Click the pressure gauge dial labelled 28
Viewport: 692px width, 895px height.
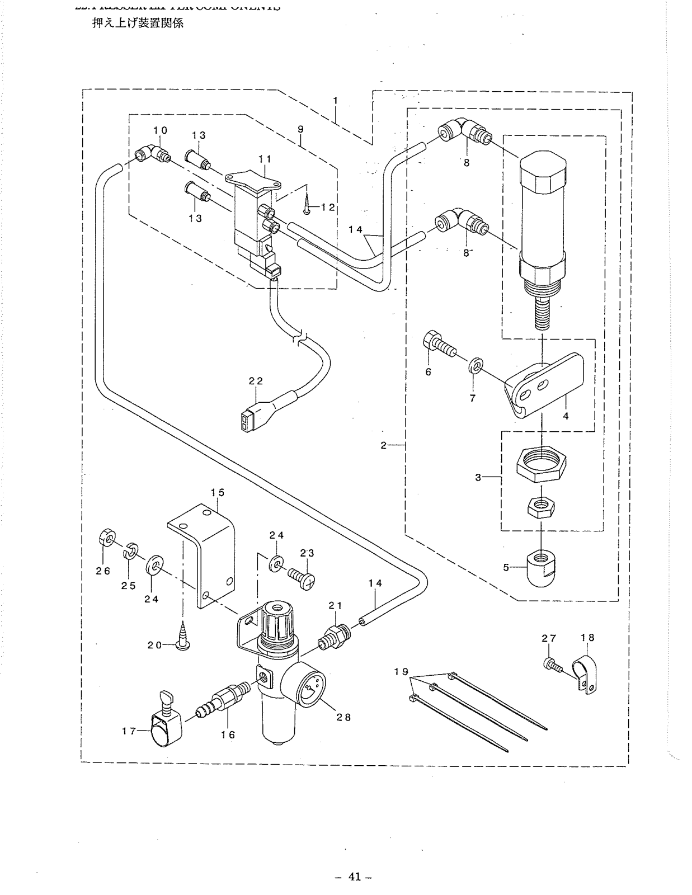309,689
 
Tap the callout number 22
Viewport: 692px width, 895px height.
256,381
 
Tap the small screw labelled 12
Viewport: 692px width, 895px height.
307,208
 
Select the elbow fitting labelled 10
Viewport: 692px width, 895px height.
152,152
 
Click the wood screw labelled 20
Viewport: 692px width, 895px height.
183,635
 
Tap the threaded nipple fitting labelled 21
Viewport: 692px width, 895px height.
334,637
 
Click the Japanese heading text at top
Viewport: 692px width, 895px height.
138,24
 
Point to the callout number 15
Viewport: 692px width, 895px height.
217,492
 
